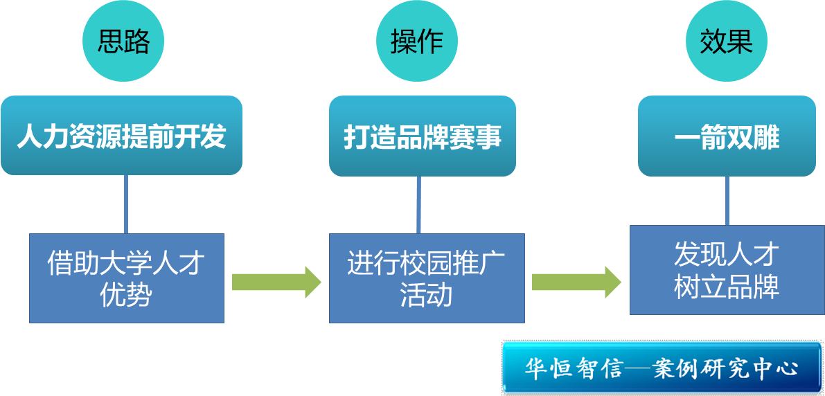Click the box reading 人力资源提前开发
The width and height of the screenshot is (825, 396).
click(x=122, y=136)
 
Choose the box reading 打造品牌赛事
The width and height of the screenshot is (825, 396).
click(x=423, y=136)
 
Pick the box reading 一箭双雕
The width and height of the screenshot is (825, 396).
click(x=727, y=136)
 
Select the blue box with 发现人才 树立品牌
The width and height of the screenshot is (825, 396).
click(x=726, y=270)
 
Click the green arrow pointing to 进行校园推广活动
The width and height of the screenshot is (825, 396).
click(x=276, y=282)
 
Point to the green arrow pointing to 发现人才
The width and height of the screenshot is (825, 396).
click(x=576, y=282)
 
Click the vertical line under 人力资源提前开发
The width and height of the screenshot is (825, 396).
click(x=126, y=204)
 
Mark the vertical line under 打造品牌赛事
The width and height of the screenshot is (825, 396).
click(x=418, y=204)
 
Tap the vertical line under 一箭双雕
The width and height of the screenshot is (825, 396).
click(x=727, y=200)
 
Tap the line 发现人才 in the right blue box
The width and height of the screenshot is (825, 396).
click(x=726, y=254)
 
